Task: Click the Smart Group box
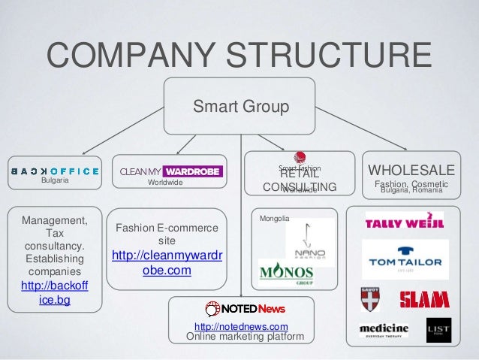240,106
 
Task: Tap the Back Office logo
54,170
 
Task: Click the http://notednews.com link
241,326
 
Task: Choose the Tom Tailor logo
405,259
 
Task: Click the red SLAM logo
424,300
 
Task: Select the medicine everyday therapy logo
384,331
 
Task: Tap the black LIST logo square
438,331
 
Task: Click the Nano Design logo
309,241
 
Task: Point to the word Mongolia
274,219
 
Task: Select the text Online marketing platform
245,337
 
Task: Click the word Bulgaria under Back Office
55,181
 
